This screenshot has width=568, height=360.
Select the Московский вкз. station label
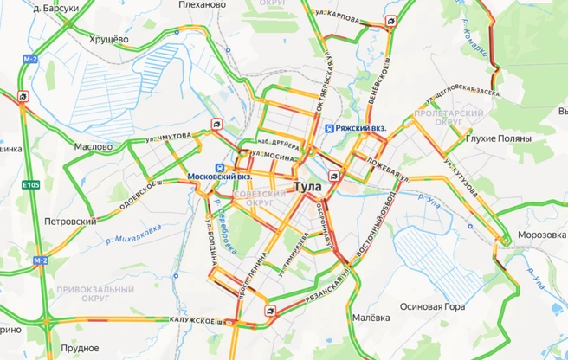(220, 177)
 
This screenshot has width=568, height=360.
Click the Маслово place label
(93, 147)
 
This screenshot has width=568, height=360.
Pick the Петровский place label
(71, 222)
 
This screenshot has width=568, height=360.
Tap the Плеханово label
(203, 4)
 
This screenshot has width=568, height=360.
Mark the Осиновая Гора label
(433, 307)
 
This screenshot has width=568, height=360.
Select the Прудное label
(81, 348)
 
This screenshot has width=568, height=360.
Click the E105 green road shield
(32, 184)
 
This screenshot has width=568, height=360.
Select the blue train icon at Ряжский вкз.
(329, 129)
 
